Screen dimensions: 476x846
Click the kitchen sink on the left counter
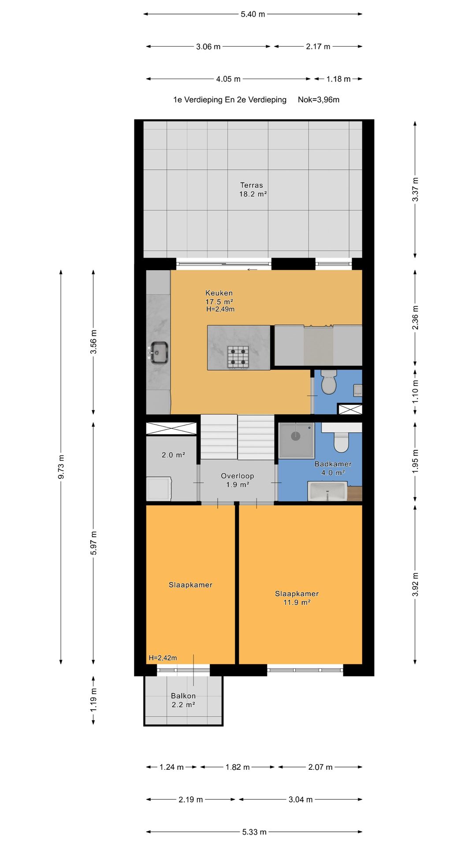159,353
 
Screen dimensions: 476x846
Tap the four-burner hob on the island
238,357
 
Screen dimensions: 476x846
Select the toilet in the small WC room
329,382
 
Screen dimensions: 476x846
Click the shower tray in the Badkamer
296,440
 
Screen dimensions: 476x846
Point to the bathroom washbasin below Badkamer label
327,491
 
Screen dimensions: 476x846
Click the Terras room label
252,186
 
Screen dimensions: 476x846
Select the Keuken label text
219,293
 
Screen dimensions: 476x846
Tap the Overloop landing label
238,476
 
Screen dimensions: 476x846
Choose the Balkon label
183,696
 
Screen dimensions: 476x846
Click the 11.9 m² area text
297,602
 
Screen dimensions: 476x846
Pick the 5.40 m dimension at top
253,14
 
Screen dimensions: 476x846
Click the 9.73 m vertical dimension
61,467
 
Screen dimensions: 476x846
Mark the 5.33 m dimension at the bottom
254,832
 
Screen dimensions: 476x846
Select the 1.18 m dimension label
338,79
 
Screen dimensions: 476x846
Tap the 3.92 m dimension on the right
415,585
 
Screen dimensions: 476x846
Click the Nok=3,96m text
319,100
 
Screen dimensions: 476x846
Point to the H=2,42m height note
163,658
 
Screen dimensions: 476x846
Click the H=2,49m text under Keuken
220,309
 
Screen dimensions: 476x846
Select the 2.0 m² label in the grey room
174,455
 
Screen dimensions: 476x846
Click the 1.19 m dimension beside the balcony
93,700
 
